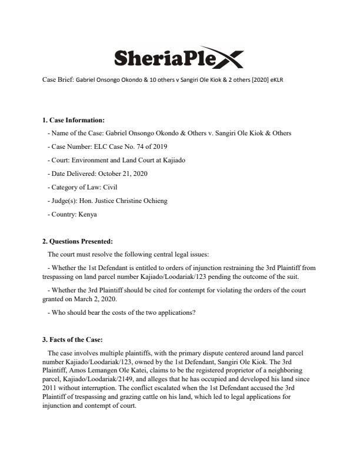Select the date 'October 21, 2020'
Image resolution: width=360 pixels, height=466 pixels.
[122, 174]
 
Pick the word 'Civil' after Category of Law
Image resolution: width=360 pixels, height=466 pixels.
[121, 187]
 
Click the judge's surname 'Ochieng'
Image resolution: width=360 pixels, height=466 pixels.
[155, 201]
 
